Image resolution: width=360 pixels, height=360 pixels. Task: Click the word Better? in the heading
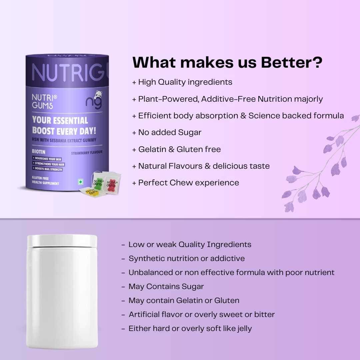click(x=292, y=62)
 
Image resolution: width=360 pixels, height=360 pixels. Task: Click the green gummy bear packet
click(x=98, y=181)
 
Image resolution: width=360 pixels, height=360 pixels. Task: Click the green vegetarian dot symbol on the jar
click(x=81, y=182)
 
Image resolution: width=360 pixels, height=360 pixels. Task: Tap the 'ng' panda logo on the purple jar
click(x=94, y=100)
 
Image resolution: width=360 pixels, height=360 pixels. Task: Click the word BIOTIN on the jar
click(x=39, y=152)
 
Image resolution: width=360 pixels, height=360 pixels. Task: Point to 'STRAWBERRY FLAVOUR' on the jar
click(x=87, y=153)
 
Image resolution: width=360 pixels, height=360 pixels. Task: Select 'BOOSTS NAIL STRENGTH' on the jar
click(x=48, y=169)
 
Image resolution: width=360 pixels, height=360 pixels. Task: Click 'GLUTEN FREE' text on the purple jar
click(x=40, y=178)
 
